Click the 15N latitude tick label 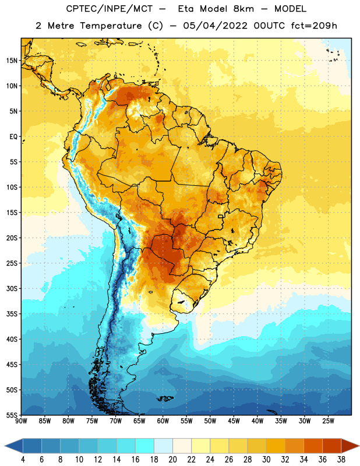coord(12,61)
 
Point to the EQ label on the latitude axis coord(13,137)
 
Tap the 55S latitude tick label coord(12,415)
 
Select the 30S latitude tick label coord(12,288)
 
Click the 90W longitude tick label coord(21,421)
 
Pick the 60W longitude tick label coord(163,421)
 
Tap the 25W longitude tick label coord(328,421)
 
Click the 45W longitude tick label coord(234,421)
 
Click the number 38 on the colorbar coord(341,460)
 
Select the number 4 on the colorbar coord(23,460)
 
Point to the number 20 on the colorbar coord(172,460)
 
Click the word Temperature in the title coord(111,26)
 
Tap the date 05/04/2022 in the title coord(215,26)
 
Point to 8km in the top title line coord(243,9)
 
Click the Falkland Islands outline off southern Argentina coord(165,398)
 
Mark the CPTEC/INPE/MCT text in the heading coord(109,9)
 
